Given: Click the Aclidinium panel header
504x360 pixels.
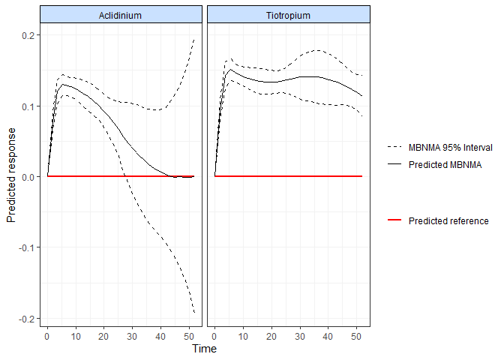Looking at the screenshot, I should point(121,16).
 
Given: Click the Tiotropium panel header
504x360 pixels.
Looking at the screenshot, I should point(288,16).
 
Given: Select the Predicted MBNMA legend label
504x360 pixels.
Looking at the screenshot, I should point(445,163).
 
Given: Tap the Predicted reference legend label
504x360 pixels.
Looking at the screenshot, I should point(448,221).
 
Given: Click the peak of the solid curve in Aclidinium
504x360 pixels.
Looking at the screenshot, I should point(64,85).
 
